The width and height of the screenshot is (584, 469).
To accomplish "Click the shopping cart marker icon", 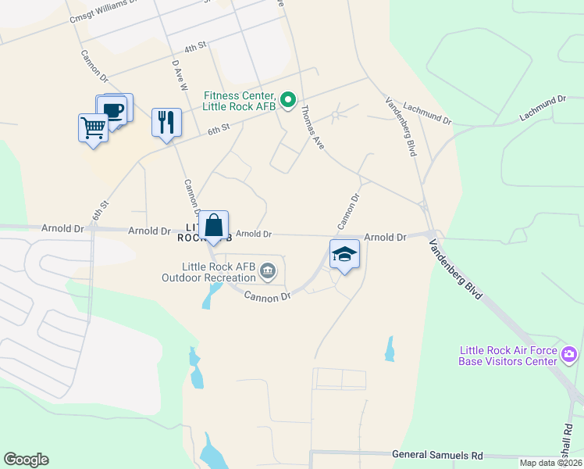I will (93, 127).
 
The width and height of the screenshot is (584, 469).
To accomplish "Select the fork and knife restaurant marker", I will (166, 121).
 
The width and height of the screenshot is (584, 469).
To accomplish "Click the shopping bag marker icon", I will (213, 225).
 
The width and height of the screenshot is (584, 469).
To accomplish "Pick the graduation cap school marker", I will (344, 253).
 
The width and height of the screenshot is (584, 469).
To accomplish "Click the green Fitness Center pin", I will (287, 99).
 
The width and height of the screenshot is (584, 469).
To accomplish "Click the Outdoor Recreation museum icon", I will (268, 271).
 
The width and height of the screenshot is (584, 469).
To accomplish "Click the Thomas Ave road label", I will (312, 127).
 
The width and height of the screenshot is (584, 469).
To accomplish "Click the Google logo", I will (26, 460).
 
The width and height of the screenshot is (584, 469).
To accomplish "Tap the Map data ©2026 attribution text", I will (550, 463).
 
